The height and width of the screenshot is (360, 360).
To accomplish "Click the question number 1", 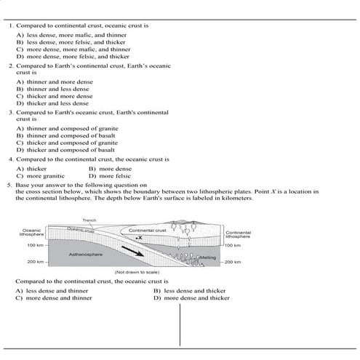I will pos(12,25).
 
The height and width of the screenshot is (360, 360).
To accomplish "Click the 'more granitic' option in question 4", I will pos(43,175).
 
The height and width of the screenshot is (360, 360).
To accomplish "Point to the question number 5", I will pos(12,185).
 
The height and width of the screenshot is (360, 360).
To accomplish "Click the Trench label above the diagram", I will pos(89,221).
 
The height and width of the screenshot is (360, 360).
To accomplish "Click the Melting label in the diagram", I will pos(208,257).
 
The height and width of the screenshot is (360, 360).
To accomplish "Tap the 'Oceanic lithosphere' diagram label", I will pos(33,233).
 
